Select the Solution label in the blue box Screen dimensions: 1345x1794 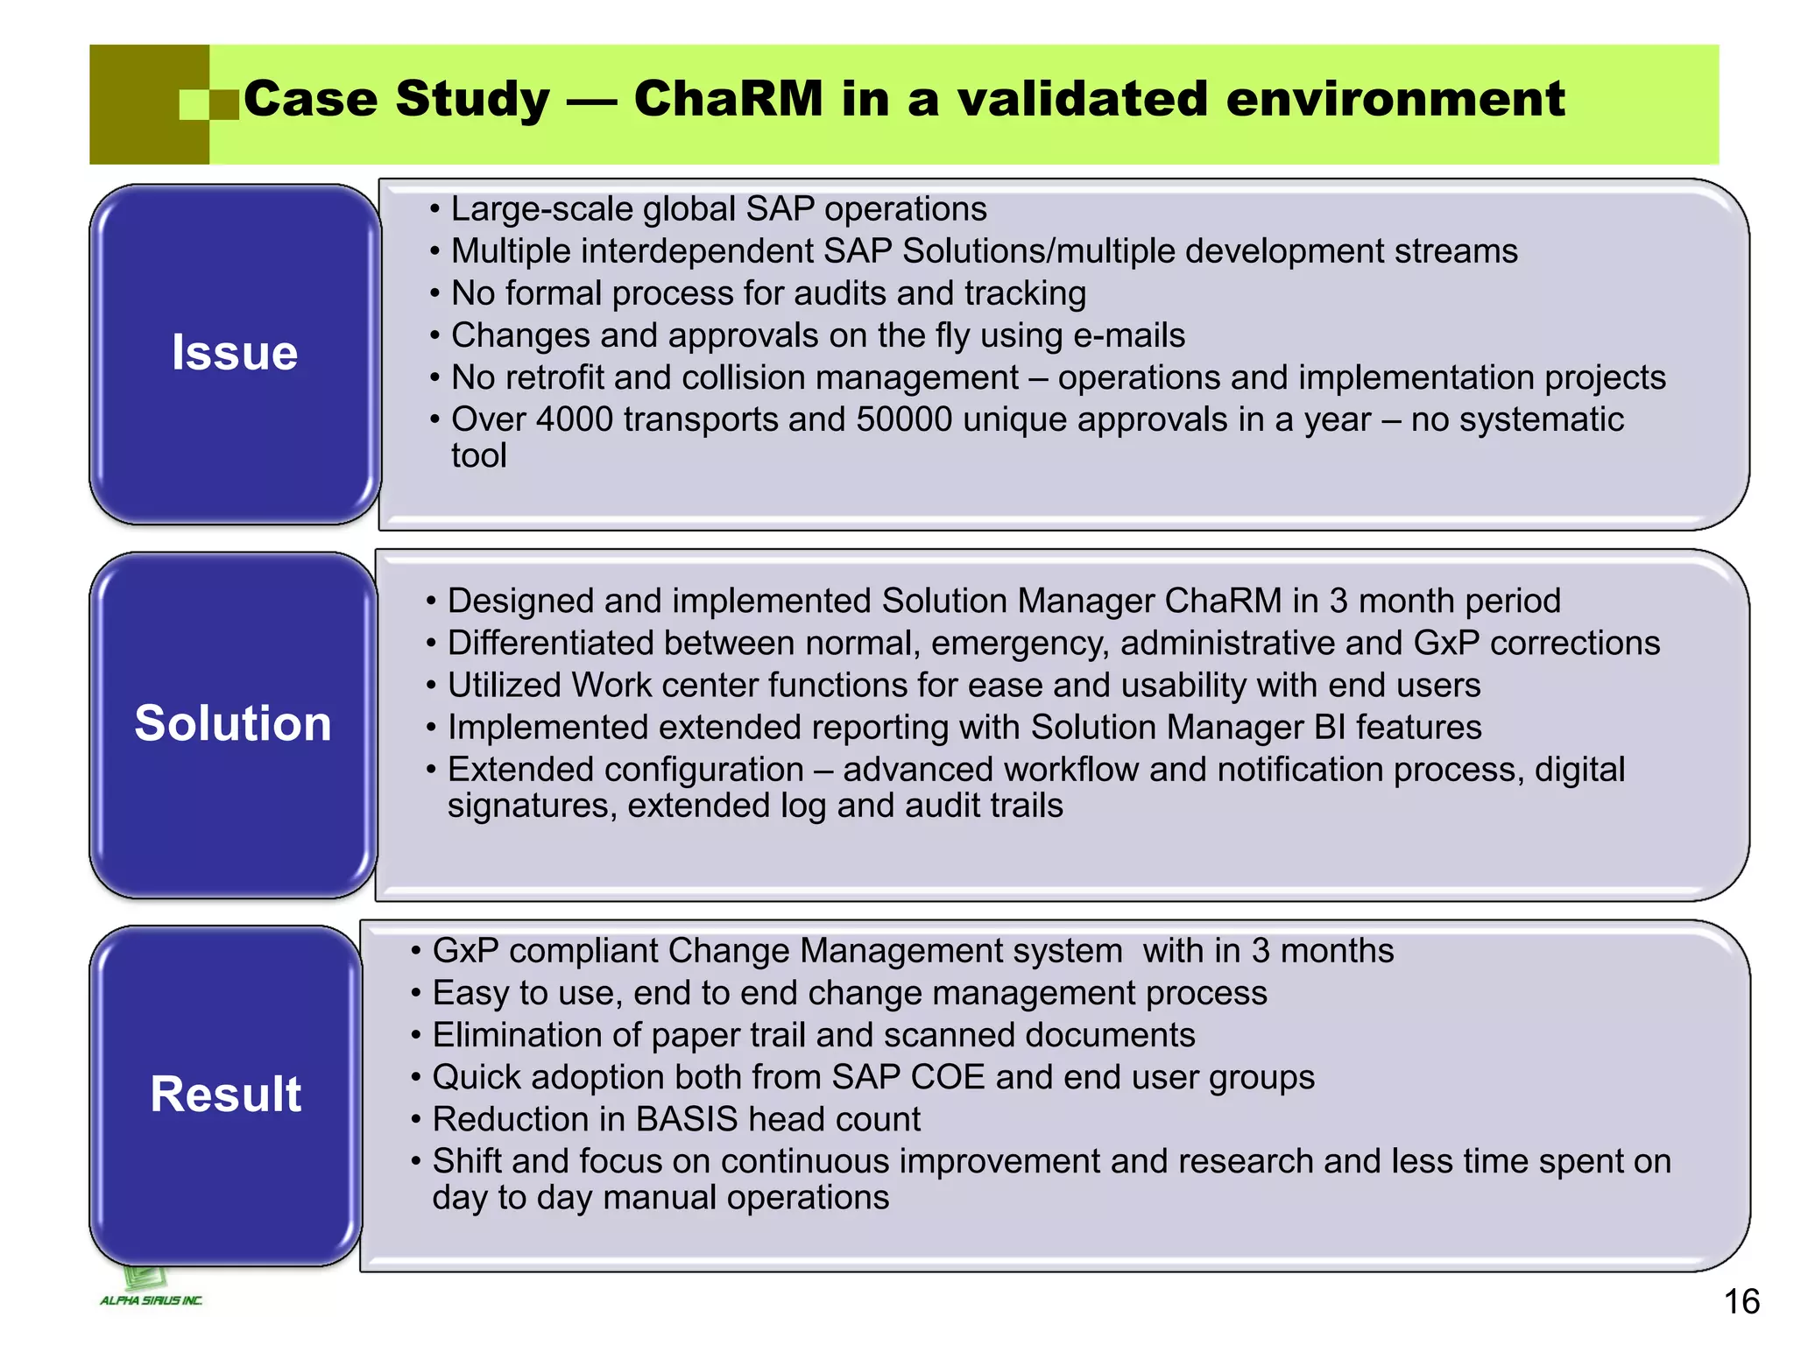tap(233, 723)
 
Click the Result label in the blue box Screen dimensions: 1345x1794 tap(226, 1094)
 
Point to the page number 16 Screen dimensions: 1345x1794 tap(1741, 1301)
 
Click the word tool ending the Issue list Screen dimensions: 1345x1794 tap(478, 455)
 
